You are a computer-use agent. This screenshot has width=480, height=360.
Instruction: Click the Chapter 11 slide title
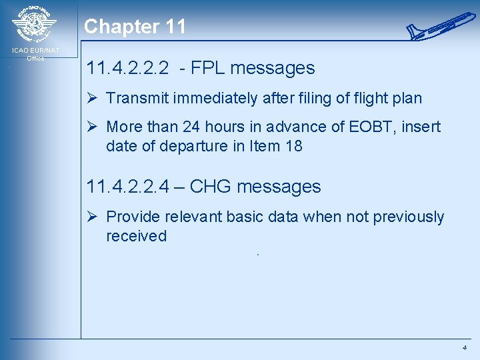point(135,27)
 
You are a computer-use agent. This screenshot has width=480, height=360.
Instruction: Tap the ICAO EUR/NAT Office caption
point(35,54)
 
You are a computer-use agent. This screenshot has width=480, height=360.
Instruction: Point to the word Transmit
point(135,98)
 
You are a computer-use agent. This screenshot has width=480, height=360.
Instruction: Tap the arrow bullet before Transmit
point(93,98)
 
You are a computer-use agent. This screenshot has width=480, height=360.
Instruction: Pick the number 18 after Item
point(293,145)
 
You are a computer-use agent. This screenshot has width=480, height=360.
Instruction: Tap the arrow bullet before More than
point(93,127)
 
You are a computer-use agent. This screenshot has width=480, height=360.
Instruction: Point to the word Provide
point(131,217)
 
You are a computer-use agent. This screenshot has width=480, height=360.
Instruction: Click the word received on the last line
point(136,235)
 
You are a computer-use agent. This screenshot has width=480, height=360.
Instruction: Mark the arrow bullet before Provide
point(93,217)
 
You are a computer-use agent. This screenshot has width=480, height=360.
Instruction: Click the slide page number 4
point(464,348)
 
